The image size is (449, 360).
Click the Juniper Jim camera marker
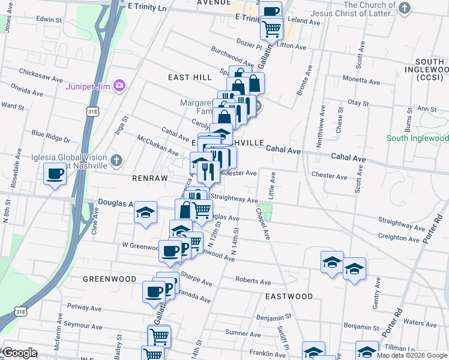119,86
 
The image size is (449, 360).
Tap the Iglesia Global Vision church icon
116,161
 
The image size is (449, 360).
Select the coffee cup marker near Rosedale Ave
55,175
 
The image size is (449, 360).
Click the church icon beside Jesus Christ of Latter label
405,8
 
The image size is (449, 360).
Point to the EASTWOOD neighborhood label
289,296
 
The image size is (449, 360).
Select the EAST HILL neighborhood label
190,77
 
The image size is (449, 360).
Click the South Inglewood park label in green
418,138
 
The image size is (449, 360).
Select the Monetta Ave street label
358,79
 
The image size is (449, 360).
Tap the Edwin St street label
49,19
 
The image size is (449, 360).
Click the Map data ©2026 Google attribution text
412,355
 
